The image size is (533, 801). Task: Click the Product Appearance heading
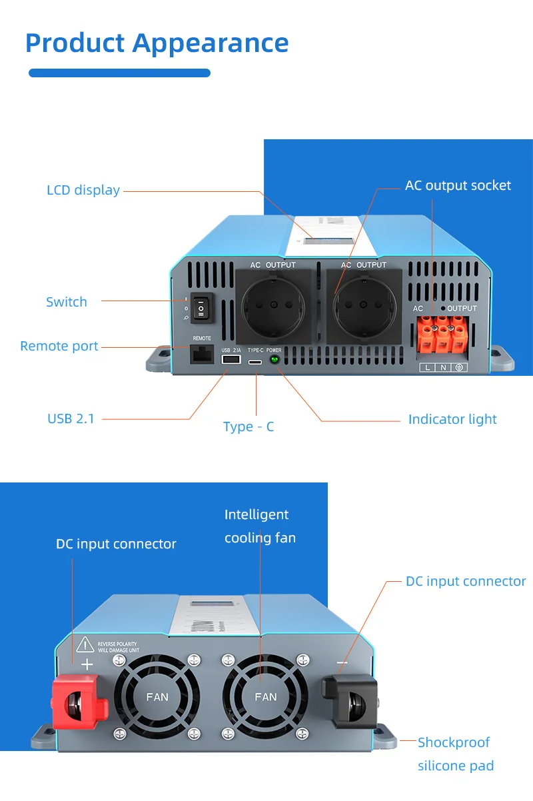[157, 43]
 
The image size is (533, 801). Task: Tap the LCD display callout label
[83, 190]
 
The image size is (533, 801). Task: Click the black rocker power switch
[201, 309]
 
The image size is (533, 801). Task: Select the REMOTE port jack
[201, 355]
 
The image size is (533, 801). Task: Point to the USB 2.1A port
[231, 359]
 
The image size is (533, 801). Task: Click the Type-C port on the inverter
[255, 360]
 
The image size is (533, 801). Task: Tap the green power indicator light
[274, 359]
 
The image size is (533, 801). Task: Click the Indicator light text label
[452, 419]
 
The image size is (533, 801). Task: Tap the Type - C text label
[249, 426]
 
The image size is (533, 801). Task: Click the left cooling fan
[157, 696]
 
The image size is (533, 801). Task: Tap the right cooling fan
[265, 696]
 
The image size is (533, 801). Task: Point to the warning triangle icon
[85, 644]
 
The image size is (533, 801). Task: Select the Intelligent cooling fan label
[260, 526]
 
